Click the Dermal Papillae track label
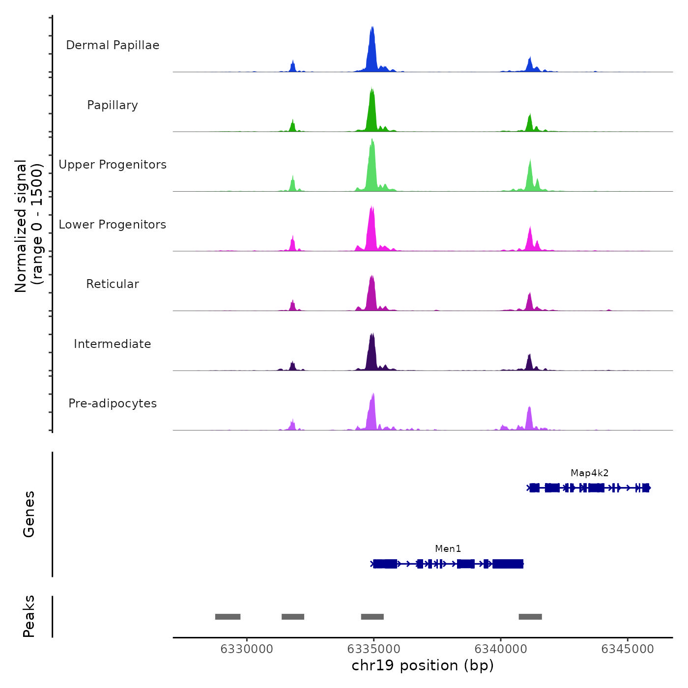pos(113,45)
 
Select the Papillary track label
pos(113,105)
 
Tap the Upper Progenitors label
pos(113,165)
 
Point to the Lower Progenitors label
pos(113,225)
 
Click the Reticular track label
pos(113,284)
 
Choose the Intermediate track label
pos(113,344)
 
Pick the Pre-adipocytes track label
pos(113,403)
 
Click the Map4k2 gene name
pos(589,473)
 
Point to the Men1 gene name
pos(448,549)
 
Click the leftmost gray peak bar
pos(228,617)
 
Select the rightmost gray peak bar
pos(530,617)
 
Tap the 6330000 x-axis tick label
pos(247,649)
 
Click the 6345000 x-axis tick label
pos(628,649)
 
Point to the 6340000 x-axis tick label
pos(501,649)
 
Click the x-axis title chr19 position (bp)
pos(423,665)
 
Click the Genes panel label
pos(29,514)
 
